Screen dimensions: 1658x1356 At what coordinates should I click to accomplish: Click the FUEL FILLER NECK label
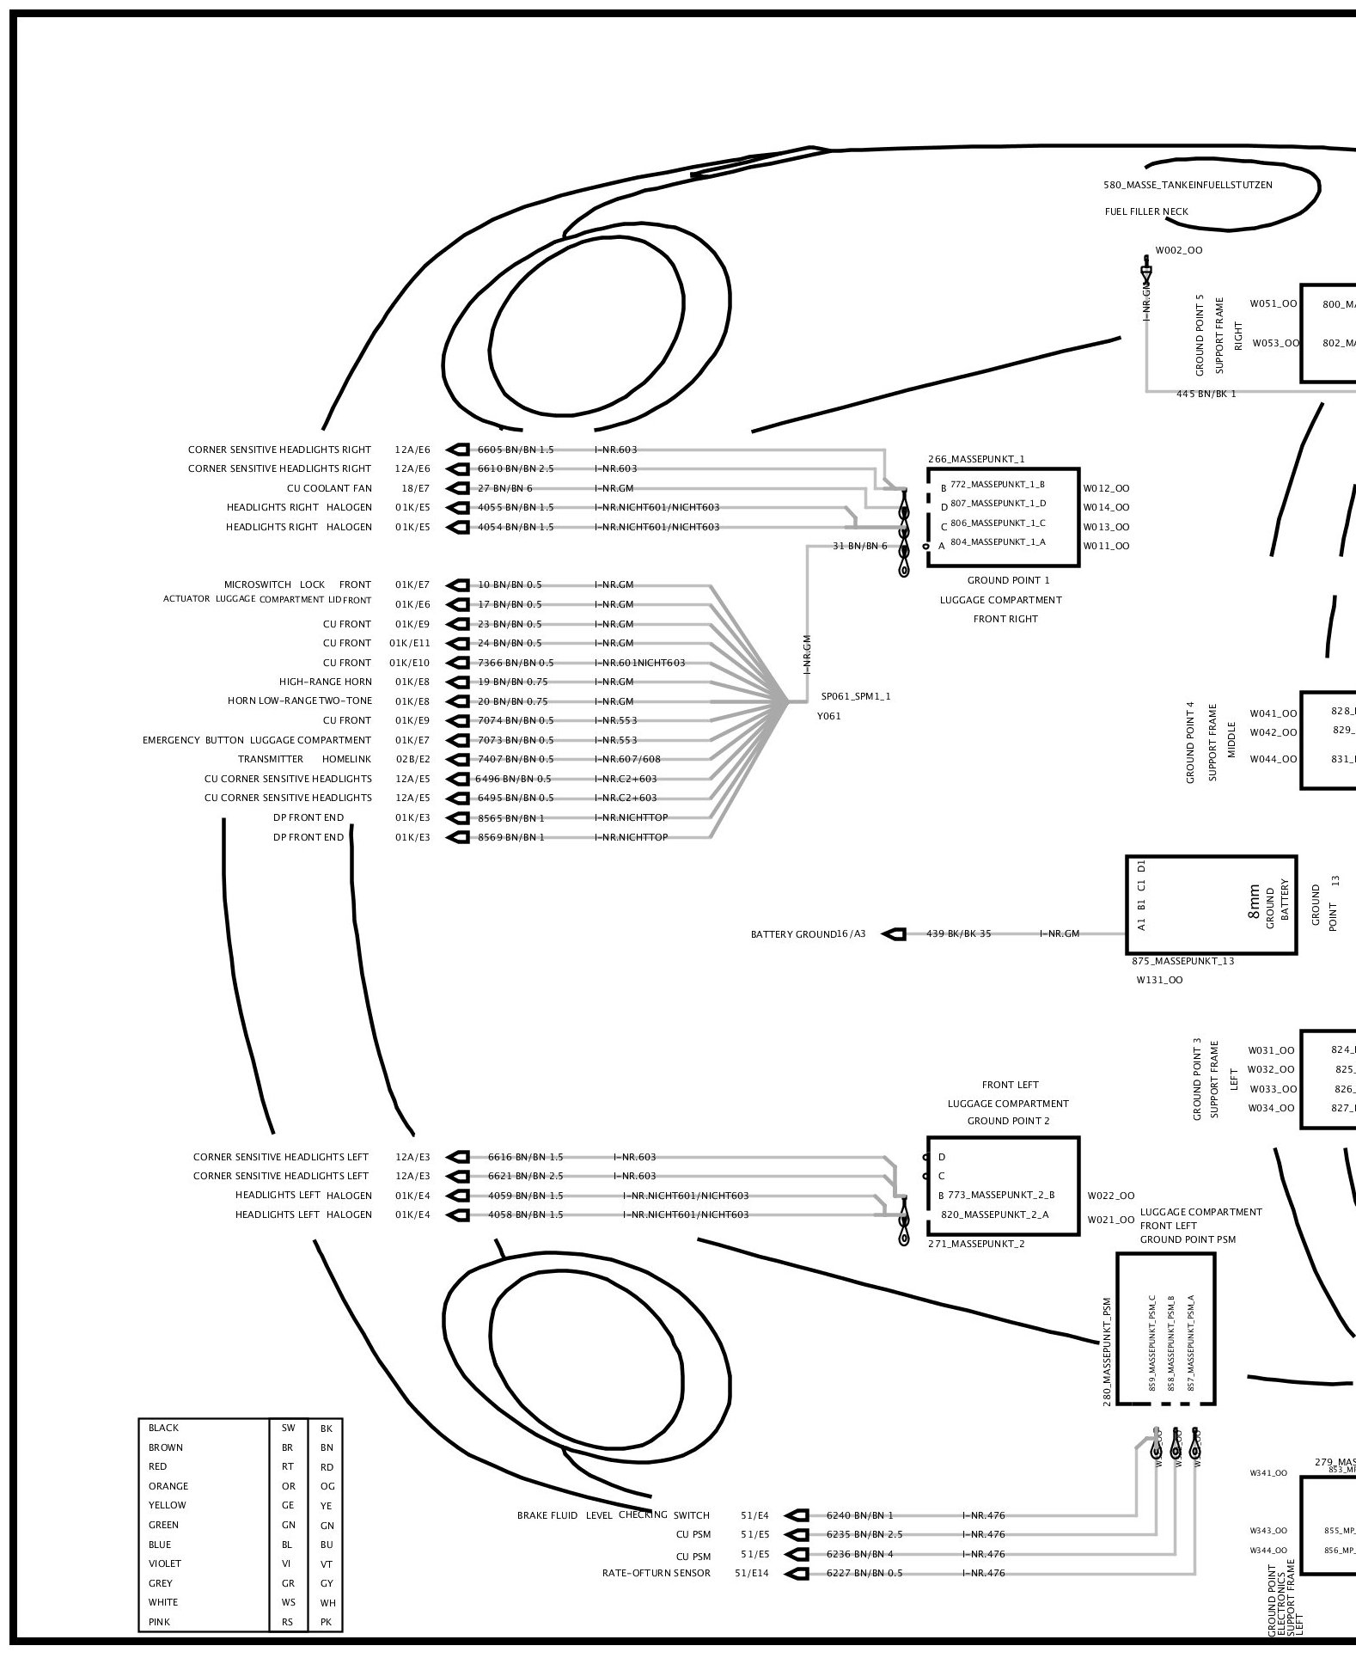[1146, 211]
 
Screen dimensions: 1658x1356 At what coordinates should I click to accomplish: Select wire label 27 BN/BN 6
[505, 488]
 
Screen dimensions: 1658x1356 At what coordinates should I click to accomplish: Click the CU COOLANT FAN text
[329, 488]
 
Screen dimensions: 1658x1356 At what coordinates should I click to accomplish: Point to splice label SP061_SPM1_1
[856, 696]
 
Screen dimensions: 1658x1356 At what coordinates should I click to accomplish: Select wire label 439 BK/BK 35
[958, 933]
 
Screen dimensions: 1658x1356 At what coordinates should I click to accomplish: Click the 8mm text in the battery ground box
[1254, 902]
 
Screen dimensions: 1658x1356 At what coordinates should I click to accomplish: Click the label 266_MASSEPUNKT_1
[976, 459]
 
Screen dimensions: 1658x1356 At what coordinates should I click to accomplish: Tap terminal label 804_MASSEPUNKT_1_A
[998, 542]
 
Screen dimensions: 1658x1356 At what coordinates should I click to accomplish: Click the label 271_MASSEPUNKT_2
[976, 1244]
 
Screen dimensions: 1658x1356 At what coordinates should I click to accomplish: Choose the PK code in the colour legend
[327, 1622]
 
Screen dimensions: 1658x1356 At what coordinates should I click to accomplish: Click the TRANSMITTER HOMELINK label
[305, 759]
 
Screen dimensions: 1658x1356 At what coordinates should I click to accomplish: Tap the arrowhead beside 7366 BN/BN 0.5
[459, 663]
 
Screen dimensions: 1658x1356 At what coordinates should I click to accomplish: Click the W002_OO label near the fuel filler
[1179, 251]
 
